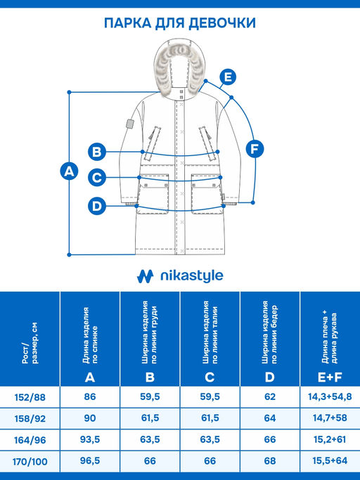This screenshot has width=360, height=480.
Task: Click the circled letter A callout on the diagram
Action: (69, 171)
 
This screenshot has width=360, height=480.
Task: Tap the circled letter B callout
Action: (97, 152)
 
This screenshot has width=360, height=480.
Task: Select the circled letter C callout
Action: (97, 178)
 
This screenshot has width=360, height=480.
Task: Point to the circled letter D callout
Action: (97, 206)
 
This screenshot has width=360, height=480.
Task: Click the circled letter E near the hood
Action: (228, 77)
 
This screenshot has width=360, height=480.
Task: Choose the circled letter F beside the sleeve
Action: (255, 149)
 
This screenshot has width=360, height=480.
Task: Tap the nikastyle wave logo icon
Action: (145, 276)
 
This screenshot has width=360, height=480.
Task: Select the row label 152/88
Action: (30, 397)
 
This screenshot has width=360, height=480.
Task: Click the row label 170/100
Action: (30, 461)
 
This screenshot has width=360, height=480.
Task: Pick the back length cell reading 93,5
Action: (90, 440)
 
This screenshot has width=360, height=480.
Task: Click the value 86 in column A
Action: (90, 397)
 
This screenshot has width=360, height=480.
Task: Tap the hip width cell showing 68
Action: (269, 461)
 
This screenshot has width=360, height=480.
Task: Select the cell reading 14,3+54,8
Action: (330, 397)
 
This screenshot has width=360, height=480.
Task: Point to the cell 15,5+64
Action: (330, 461)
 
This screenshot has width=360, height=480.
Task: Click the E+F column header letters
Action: (330, 377)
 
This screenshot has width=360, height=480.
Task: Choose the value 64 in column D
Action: (269, 418)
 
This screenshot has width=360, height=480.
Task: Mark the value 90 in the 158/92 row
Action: (90, 418)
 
